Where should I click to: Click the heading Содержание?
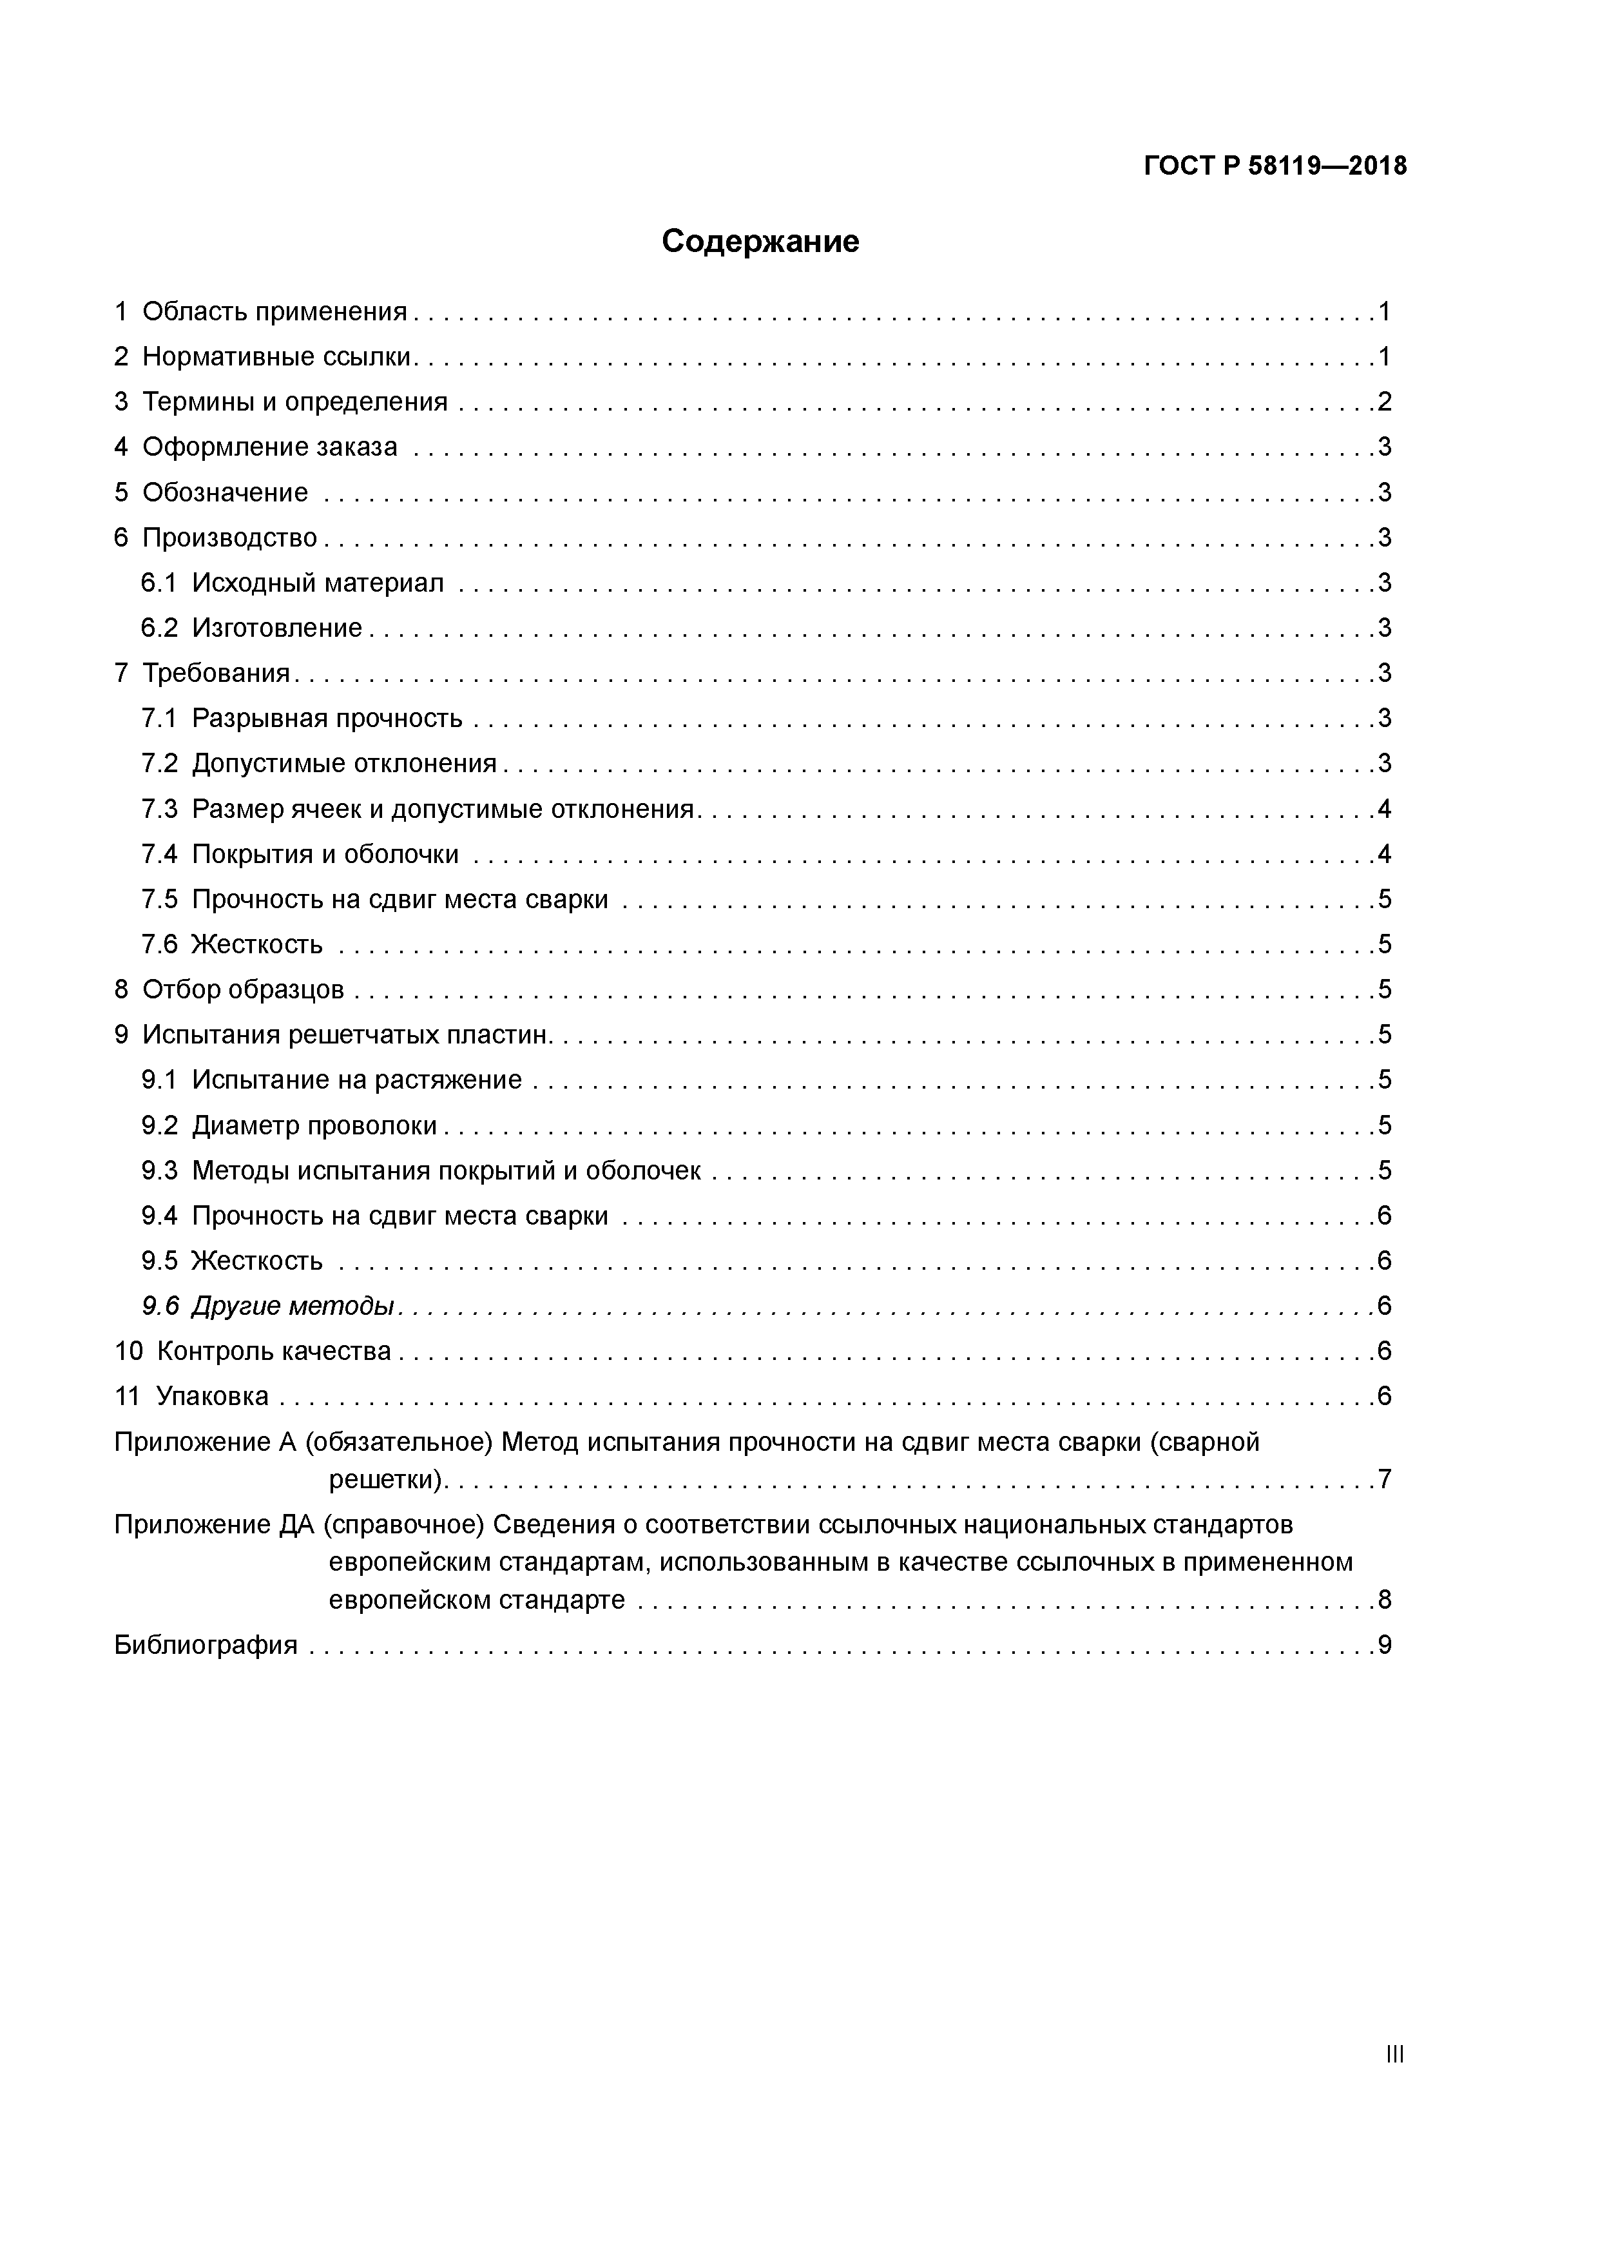tap(760, 241)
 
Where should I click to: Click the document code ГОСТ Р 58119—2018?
tap(1275, 166)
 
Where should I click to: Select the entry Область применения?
tap(274, 312)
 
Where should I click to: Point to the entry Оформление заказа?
tap(270, 447)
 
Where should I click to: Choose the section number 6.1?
tap(159, 583)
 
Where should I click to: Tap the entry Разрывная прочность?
tap(327, 719)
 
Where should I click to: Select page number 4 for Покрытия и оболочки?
tap(1384, 855)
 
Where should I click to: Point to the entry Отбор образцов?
tap(243, 990)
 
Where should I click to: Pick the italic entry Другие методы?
tap(293, 1306)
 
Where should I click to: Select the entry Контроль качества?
tap(274, 1352)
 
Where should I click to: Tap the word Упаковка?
tap(212, 1397)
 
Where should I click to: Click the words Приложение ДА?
tap(214, 1526)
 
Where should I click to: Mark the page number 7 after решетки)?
tap(1384, 1479)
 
